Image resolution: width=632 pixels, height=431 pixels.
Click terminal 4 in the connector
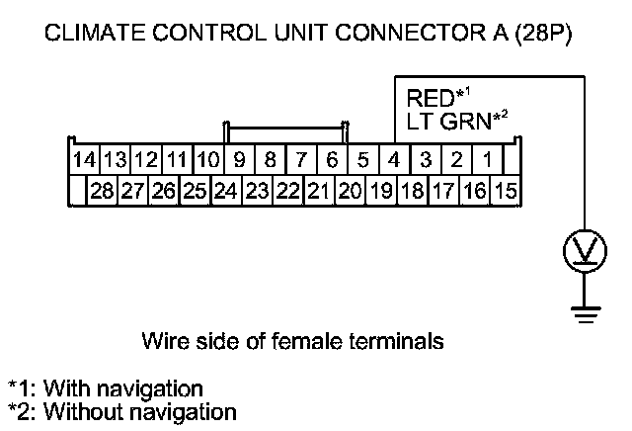tap(394, 159)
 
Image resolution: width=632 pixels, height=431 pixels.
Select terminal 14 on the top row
tap(85, 159)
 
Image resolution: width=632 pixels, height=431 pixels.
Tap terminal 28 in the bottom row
tap(102, 190)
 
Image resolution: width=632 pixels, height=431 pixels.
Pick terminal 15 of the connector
tap(506, 190)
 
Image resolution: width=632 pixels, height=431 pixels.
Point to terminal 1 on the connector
tap(488, 159)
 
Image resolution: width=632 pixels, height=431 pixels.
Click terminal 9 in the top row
tap(240, 159)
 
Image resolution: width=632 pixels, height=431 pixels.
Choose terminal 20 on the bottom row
tap(349, 190)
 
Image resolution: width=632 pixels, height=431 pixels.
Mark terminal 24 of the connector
tap(225, 190)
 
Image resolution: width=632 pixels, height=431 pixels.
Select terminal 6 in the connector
tap(332, 159)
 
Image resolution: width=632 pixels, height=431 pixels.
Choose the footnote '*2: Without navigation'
tap(121, 409)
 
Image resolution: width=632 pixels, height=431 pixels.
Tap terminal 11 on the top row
tap(178, 159)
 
